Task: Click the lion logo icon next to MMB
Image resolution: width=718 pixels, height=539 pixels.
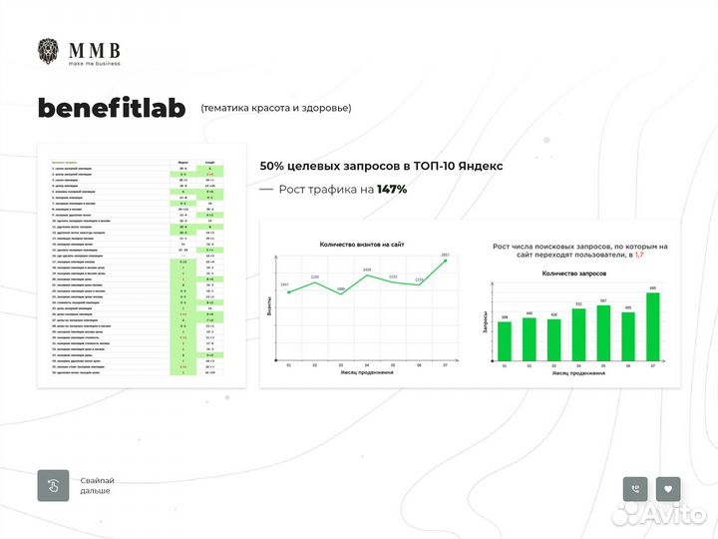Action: coord(49,52)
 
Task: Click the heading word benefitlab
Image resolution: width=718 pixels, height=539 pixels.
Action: coord(112,108)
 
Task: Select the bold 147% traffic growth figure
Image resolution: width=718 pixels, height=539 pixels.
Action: coord(391,189)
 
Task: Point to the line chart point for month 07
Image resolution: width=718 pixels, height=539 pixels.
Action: coord(446,261)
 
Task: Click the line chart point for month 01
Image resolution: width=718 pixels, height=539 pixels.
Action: coord(287,291)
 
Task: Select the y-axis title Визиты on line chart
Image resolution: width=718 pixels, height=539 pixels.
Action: coord(268,308)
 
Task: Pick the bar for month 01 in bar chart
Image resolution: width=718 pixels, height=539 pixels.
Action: coord(505,341)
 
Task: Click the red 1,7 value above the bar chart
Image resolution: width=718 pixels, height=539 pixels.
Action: coord(639,256)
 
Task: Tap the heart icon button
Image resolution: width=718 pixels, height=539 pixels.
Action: coord(668,489)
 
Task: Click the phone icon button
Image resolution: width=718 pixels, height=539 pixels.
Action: coord(634,489)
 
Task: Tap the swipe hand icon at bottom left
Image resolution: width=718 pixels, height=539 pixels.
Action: coord(52,485)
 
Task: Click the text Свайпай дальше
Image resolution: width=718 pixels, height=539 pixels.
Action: coord(97,486)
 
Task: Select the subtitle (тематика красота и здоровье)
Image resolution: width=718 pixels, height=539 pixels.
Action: coord(276,108)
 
